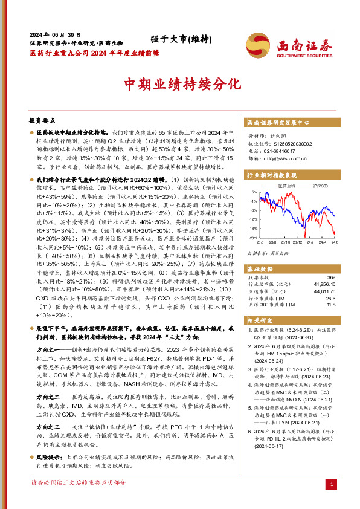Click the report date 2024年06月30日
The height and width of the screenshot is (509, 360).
tap(55, 35)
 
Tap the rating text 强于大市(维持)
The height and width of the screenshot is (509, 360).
tap(181, 40)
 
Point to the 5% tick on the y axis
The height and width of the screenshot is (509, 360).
tap(254, 192)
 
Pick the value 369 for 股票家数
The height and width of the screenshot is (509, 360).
tap(330, 277)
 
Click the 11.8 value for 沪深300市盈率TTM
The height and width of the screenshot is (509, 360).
tap(330, 304)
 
